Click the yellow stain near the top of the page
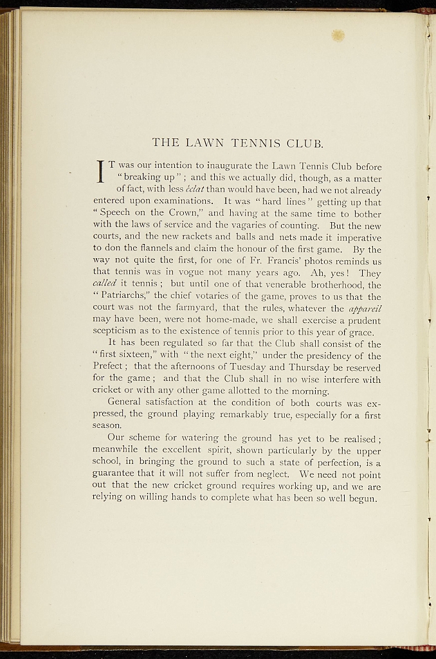click(338, 36)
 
